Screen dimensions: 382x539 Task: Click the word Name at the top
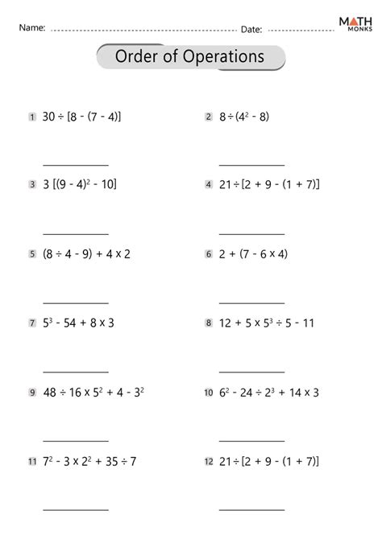(x=31, y=28)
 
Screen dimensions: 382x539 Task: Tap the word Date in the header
(x=251, y=29)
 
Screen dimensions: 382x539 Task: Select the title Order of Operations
(x=190, y=57)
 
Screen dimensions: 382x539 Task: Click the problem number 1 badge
(x=31, y=117)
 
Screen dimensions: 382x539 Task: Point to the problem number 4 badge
(x=209, y=185)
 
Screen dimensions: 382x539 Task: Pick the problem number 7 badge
(x=31, y=323)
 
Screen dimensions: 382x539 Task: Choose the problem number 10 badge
(x=209, y=393)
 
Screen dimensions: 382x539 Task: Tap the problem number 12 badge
(x=209, y=462)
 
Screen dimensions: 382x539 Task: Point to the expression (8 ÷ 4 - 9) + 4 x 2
(x=86, y=254)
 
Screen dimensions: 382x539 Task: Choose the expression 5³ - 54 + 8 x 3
(x=77, y=323)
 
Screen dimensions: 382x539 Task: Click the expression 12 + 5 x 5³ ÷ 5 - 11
(x=266, y=323)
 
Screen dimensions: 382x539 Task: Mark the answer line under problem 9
(x=75, y=441)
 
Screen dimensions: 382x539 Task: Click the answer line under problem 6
(x=251, y=302)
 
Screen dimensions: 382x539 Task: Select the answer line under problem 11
(x=75, y=510)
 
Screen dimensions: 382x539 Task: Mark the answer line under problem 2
(x=251, y=164)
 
